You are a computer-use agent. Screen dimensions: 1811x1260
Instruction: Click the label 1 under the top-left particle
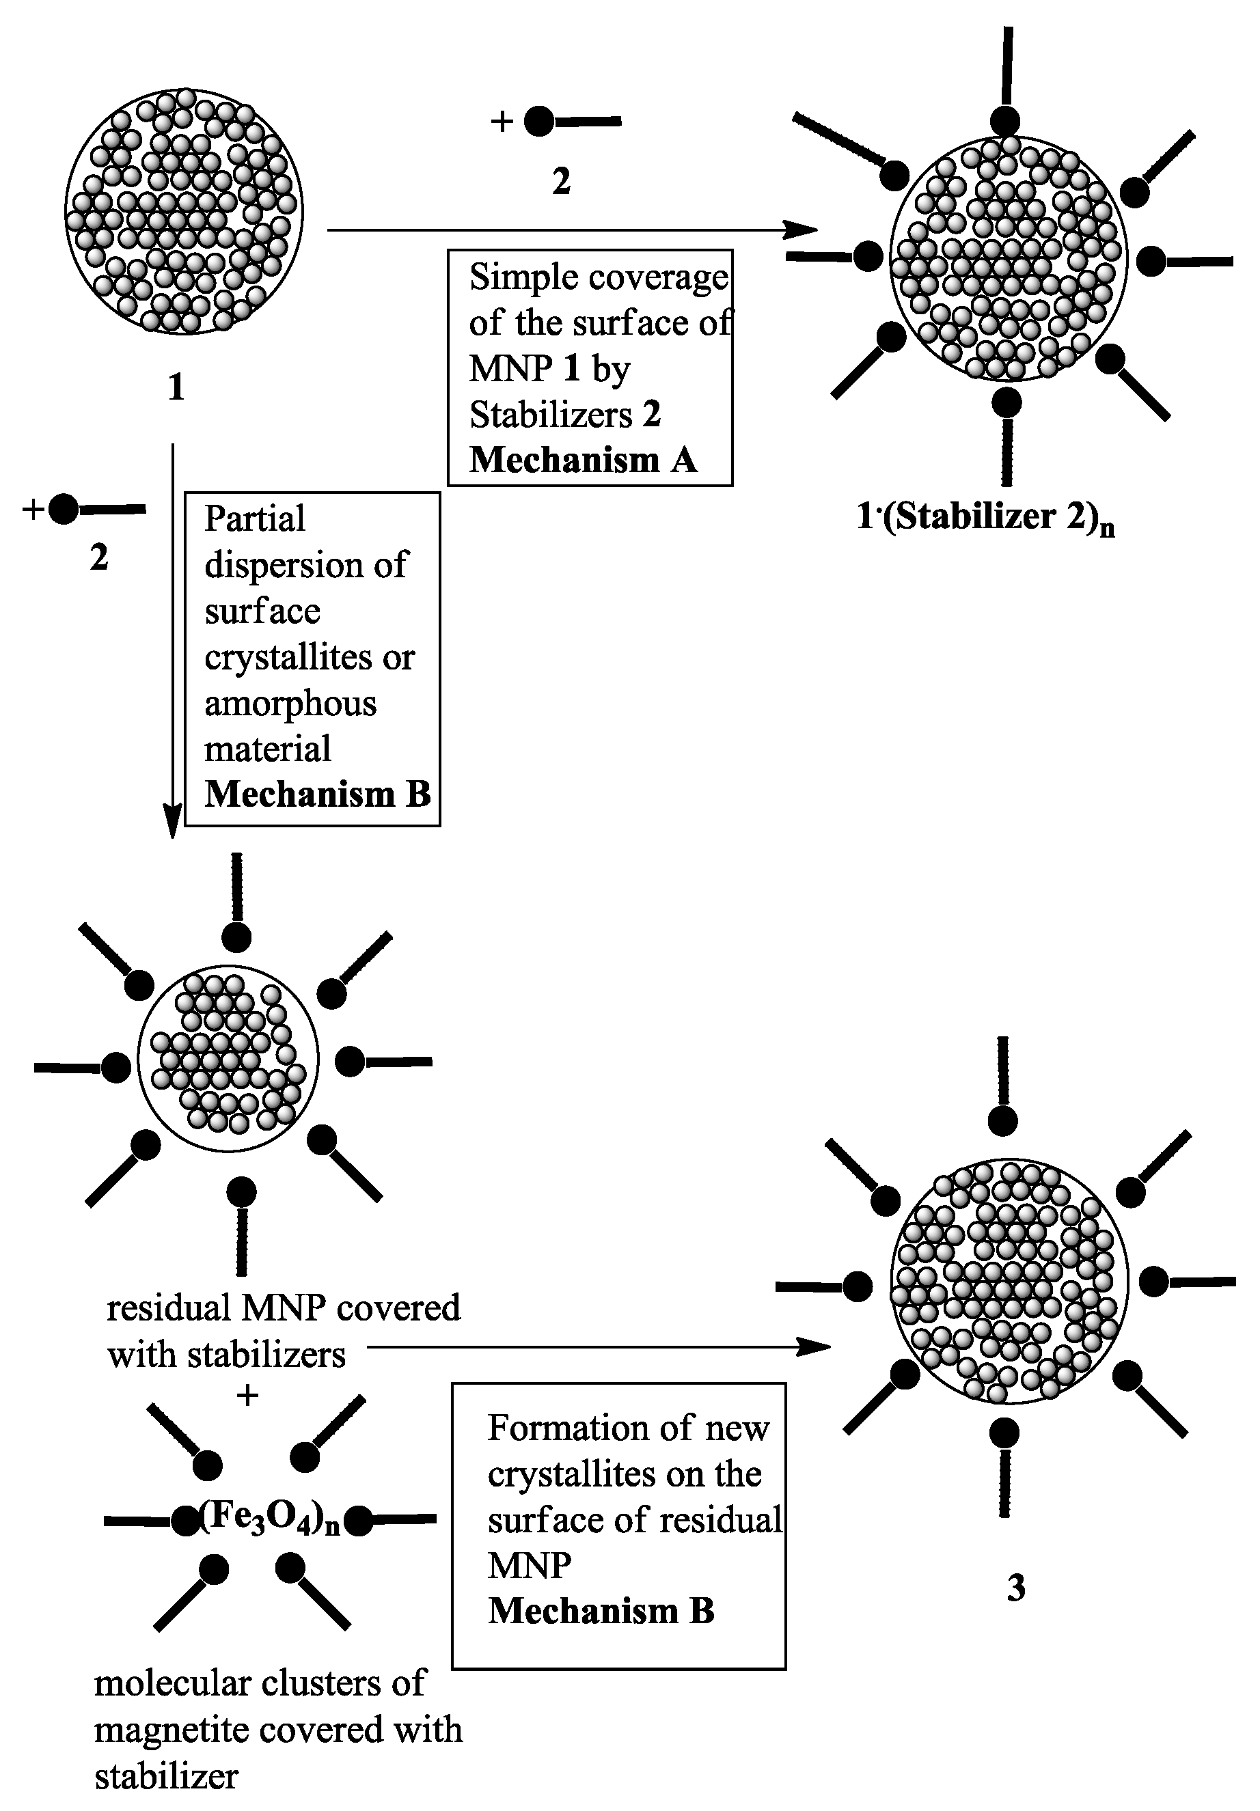(x=176, y=387)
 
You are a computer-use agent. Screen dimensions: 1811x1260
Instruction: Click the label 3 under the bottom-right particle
(x=1016, y=1588)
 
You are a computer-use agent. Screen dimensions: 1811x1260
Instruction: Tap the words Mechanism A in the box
(x=583, y=460)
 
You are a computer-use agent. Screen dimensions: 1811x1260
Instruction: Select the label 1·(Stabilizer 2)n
(x=985, y=517)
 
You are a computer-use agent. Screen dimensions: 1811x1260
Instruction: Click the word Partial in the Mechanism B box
(x=254, y=519)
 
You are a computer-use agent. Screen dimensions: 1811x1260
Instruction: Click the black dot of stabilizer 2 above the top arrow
(x=540, y=122)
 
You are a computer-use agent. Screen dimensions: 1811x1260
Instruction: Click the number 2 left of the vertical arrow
(x=98, y=557)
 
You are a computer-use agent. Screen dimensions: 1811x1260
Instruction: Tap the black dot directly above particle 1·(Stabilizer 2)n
(x=1006, y=122)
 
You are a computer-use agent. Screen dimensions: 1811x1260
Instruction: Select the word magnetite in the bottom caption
(x=172, y=1729)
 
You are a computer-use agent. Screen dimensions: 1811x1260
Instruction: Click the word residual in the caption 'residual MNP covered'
(x=168, y=1307)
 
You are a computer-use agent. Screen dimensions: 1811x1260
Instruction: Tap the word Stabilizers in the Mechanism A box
(x=551, y=414)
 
